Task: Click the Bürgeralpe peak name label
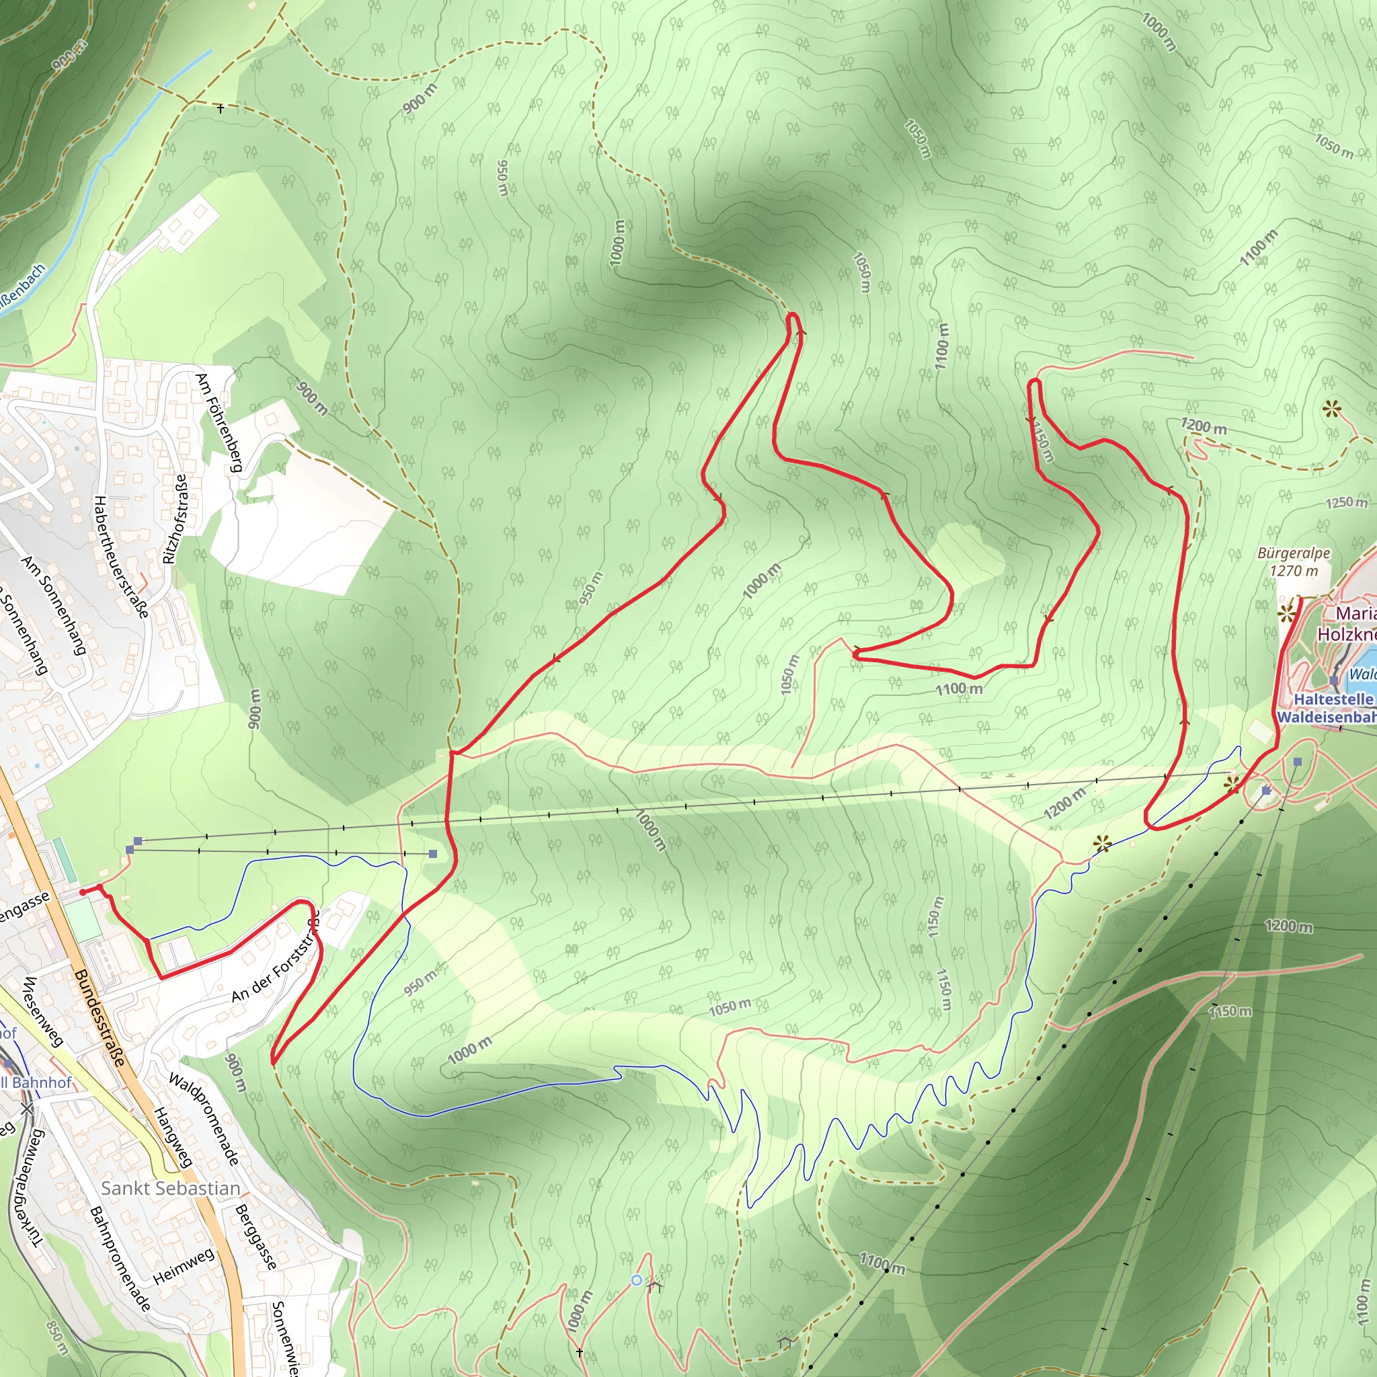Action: pos(1293,553)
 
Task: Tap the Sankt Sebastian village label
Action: pos(170,1188)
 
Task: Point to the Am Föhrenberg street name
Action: pos(219,423)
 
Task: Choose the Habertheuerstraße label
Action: pos(121,557)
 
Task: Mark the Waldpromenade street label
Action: pos(204,1119)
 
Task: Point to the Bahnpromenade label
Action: pos(120,1259)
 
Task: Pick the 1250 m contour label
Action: pos(1346,502)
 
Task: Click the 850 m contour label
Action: pos(57,1338)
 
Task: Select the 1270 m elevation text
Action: pos(1294,570)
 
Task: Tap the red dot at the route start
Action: pos(83,892)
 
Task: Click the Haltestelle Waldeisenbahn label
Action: pos(1329,709)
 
